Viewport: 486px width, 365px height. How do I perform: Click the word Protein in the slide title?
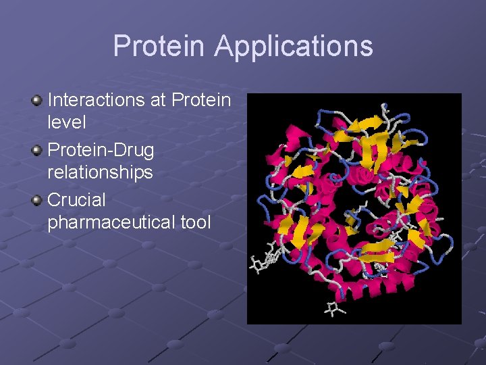click(159, 47)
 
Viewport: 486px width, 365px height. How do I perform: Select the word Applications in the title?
click(294, 47)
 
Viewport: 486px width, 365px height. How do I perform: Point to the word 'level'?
click(66, 122)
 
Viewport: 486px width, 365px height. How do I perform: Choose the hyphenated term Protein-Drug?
click(101, 150)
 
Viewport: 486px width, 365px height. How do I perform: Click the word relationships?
click(100, 172)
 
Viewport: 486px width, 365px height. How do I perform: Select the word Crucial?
click(76, 200)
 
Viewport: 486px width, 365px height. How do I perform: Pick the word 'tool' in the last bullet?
click(195, 222)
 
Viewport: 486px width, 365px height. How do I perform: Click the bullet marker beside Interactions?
click(37, 101)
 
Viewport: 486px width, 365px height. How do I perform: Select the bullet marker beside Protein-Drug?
click(37, 151)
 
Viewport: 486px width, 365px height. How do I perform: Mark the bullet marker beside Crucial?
click(37, 201)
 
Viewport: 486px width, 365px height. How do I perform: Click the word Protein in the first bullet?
click(201, 100)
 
